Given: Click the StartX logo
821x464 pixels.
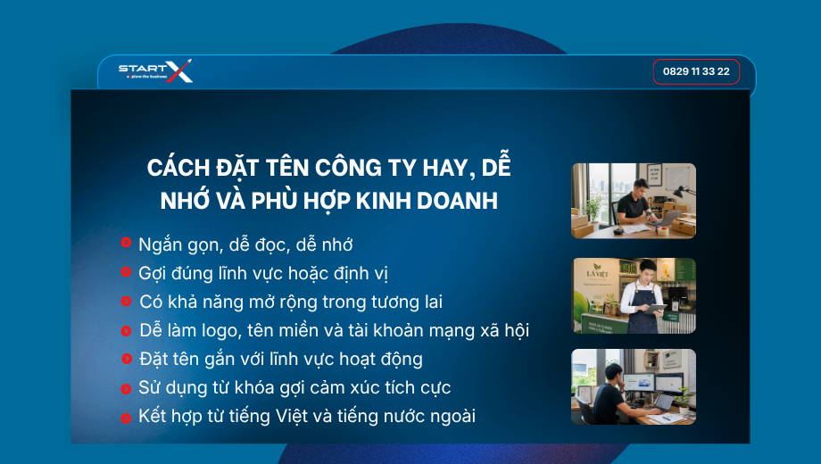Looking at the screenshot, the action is tap(155, 70).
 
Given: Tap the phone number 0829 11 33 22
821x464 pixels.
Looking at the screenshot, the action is tap(696, 71).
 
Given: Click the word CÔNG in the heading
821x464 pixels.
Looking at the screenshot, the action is tap(348, 168).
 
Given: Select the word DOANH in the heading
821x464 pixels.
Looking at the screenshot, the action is tap(457, 201).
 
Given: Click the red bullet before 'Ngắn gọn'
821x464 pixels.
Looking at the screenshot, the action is tap(126, 242).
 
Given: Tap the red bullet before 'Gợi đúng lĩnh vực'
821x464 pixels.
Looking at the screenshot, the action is tap(126, 271).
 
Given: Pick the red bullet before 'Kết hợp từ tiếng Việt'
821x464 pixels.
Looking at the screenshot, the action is tap(126, 418).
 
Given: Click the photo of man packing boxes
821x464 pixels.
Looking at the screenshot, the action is tap(634, 201).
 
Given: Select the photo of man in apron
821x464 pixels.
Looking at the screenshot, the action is tap(634, 296).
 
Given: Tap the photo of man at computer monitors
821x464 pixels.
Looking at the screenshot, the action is tap(634, 387).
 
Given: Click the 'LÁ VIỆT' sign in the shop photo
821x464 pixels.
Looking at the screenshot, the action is tap(597, 272).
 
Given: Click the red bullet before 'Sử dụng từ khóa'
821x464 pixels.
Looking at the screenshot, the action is tap(126, 388).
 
